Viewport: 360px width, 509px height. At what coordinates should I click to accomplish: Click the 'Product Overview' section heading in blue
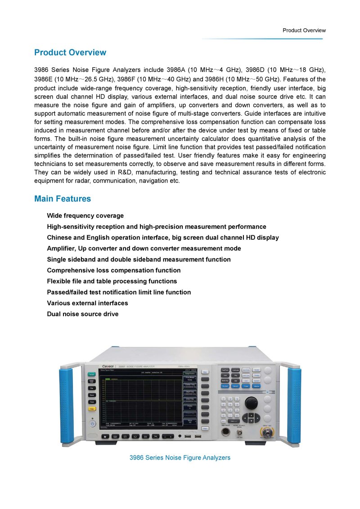coord(70,53)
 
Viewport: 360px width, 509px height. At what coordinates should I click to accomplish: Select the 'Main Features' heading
coord(63,199)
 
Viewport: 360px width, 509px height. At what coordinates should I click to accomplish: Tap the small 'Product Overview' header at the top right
coord(304,31)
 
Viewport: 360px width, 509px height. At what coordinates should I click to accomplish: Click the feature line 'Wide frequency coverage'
coord(85,216)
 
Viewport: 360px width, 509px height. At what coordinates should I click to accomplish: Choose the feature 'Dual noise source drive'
coord(83,314)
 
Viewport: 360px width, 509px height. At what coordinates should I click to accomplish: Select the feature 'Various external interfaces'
coord(87,303)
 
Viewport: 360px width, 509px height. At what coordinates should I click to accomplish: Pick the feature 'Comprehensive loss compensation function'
coord(114,270)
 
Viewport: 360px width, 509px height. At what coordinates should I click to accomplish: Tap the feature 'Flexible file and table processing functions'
coord(112,281)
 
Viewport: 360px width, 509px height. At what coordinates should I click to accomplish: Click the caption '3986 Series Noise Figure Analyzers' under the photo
coord(180,458)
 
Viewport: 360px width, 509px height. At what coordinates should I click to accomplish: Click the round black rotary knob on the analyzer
coord(251,402)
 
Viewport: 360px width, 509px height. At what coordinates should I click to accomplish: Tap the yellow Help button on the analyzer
coord(92,409)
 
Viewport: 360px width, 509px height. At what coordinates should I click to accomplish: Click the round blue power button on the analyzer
coord(92,424)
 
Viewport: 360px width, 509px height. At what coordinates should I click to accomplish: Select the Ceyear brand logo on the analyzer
coord(109,367)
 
